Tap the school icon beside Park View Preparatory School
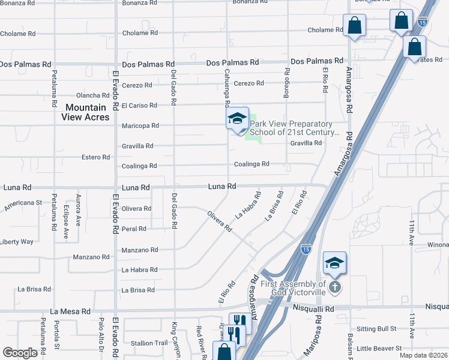[237, 119]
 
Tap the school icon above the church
[334, 263]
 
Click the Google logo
[20, 353]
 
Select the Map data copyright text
[424, 355]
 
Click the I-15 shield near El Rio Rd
[306, 247]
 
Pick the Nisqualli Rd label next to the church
[313, 307]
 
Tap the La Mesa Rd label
[70, 311]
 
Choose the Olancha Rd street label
[92, 95]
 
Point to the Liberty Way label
[17, 242]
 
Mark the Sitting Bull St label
[376, 329]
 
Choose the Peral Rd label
[134, 229]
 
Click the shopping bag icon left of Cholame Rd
[354, 26]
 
